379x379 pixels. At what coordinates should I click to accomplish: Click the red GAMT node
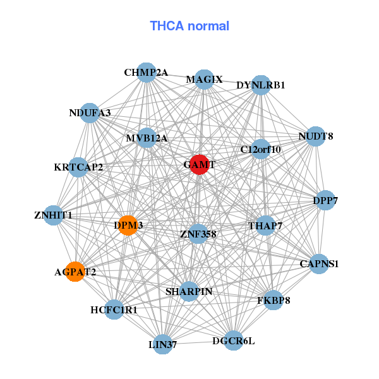coord(199,164)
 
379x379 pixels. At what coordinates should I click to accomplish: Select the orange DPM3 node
coord(128,226)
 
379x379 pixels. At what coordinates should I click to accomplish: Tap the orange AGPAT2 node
coord(75,272)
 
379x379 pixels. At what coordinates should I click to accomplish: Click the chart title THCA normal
coord(189,26)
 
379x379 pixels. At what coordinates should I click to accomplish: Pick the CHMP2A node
coord(146,73)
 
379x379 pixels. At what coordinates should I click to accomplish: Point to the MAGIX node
coord(204,80)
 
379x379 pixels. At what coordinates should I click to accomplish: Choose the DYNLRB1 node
coord(261,85)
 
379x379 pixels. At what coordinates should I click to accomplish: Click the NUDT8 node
coord(316,136)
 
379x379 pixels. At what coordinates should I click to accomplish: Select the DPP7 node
coord(325,201)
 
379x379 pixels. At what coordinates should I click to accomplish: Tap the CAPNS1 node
coord(319,263)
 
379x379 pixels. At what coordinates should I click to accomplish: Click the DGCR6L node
coord(234,340)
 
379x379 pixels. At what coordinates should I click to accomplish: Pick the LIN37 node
coord(163,344)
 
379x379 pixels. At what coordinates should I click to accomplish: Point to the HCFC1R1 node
coord(114,310)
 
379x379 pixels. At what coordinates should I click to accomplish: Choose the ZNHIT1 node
coord(54,215)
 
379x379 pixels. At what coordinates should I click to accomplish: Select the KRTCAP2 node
coord(78,167)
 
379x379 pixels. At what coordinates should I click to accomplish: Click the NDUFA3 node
coord(90,113)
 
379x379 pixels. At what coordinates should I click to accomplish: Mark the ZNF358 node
coord(198,234)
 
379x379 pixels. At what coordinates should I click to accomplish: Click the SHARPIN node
coord(189,291)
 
